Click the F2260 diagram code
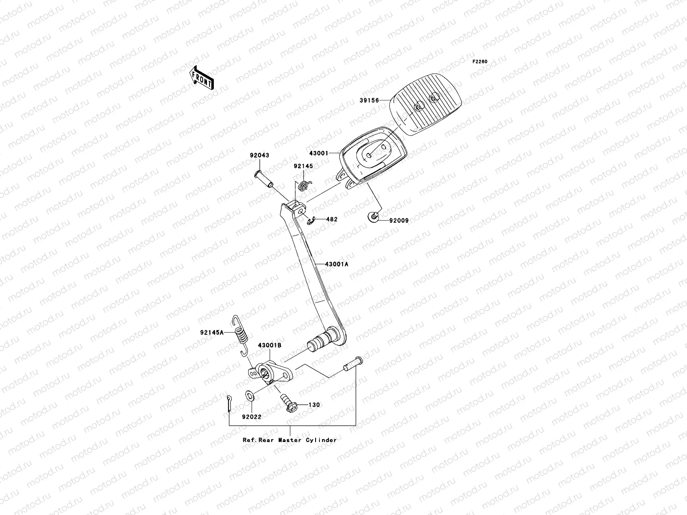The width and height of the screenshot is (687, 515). click(x=480, y=62)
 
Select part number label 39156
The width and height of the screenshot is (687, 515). click(x=369, y=101)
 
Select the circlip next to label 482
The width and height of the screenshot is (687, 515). click(x=312, y=221)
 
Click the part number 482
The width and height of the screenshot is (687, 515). click(x=331, y=219)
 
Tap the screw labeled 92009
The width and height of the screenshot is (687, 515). click(x=374, y=217)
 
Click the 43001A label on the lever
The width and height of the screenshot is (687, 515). click(x=336, y=264)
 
